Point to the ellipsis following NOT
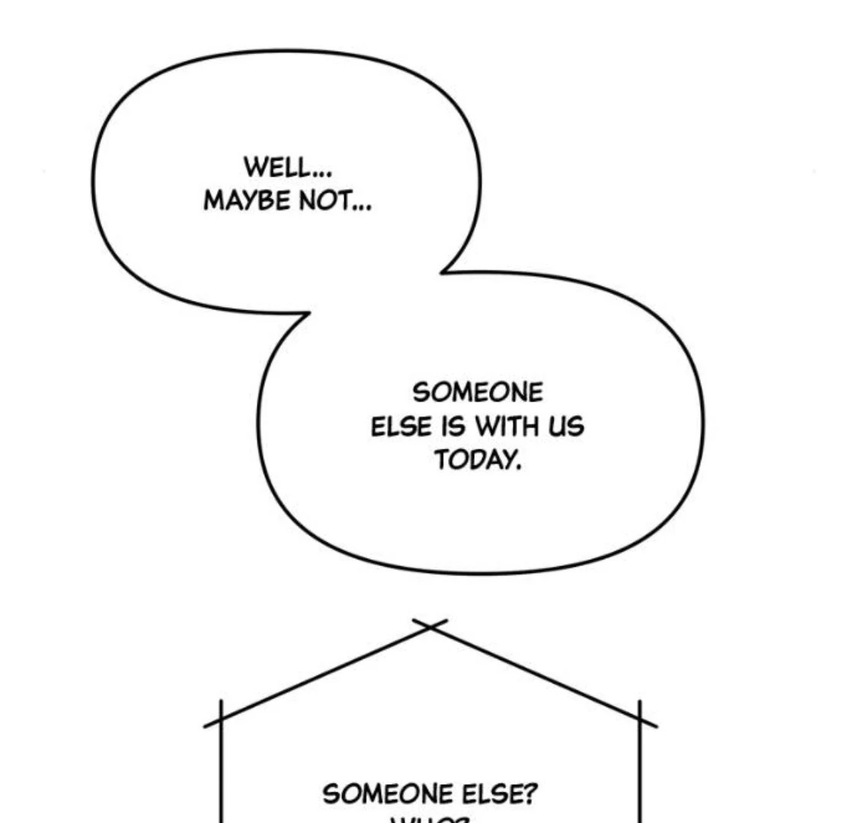[x=363, y=207]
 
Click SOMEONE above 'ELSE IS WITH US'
[x=478, y=393]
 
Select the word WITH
[x=507, y=427]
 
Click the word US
[x=565, y=427]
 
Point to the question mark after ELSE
[x=529, y=795]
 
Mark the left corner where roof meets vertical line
[x=221, y=719]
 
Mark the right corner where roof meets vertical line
[x=638, y=719]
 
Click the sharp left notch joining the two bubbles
[x=309, y=312]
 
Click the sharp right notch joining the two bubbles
[x=443, y=271]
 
